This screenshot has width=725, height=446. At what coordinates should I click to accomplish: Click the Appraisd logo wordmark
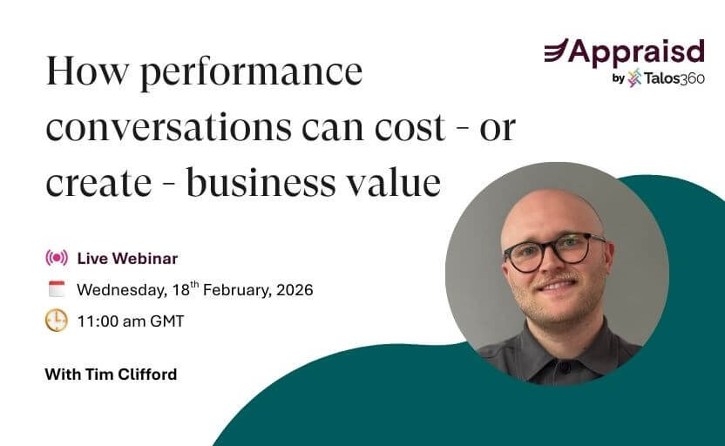[635, 51]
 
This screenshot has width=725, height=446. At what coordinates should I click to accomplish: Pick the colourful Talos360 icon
[634, 78]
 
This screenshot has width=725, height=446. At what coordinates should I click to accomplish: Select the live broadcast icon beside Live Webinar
[56, 258]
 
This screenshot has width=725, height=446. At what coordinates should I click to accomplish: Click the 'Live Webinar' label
[127, 258]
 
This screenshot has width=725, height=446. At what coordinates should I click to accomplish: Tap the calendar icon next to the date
[56, 289]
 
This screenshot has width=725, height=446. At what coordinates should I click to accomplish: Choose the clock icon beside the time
[56, 321]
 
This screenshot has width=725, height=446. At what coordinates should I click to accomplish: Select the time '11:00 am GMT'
[130, 321]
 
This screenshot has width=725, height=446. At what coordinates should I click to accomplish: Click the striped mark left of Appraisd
[556, 51]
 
